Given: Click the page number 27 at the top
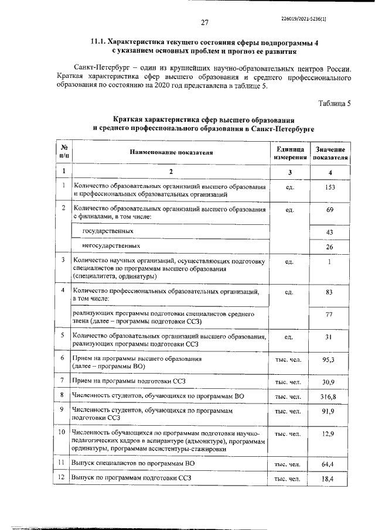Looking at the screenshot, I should pyautogui.click(x=205, y=23).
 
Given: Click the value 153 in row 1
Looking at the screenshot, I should pyautogui.click(x=330, y=187).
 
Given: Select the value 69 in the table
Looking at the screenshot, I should pyautogui.click(x=330, y=210).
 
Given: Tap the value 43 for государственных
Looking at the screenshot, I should pyautogui.click(x=330, y=232).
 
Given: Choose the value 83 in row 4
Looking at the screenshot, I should pyautogui.click(x=330, y=291).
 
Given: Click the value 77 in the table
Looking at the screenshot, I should pyautogui.click(x=330, y=314).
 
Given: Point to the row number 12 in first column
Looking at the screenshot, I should pyautogui.click(x=62, y=478).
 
